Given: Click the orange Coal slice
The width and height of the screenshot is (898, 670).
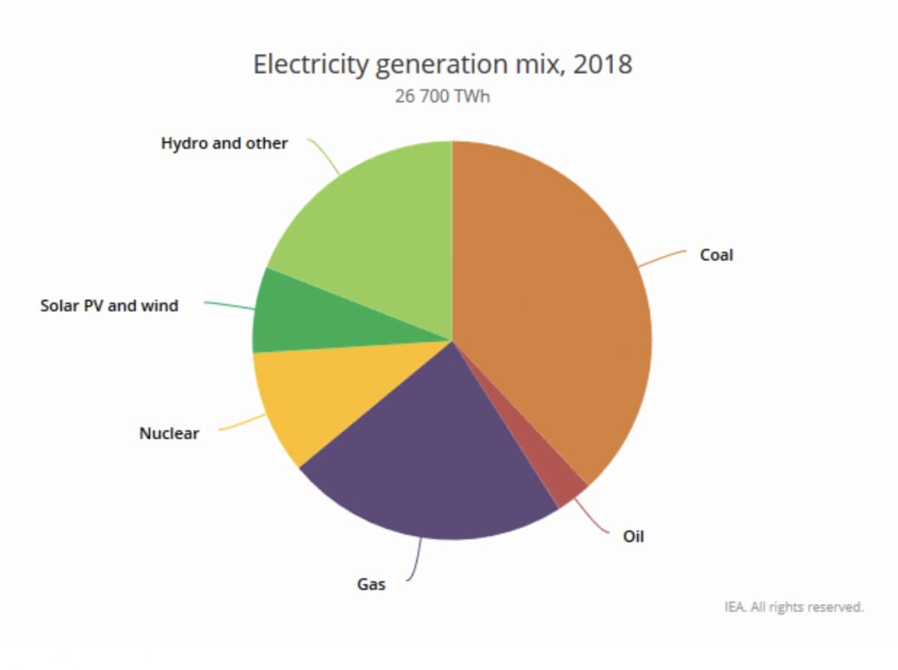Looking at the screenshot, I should pyautogui.click(x=554, y=299).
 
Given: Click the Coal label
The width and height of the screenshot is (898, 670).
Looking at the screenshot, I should pyautogui.click(x=716, y=255).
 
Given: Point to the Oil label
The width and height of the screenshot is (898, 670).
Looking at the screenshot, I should pyautogui.click(x=633, y=536).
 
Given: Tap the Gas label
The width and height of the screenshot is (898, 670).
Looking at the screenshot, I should pyautogui.click(x=371, y=584).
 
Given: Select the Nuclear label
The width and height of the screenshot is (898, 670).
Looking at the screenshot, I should pyautogui.click(x=169, y=434).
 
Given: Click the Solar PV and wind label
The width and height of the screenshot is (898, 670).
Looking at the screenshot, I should pyautogui.click(x=109, y=305).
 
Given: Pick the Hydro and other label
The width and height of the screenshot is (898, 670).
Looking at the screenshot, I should pyautogui.click(x=224, y=144).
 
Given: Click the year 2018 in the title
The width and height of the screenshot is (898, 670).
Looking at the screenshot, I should pyautogui.click(x=602, y=64).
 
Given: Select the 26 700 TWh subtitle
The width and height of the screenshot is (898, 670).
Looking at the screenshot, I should pyautogui.click(x=442, y=97).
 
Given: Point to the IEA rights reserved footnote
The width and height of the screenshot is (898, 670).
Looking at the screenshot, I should pyautogui.click(x=793, y=606).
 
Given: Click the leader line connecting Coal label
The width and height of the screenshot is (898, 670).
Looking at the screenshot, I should pyautogui.click(x=662, y=258).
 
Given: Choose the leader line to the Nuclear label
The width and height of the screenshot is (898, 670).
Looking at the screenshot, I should pyautogui.click(x=241, y=424).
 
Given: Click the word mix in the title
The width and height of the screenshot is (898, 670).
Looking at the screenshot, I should pyautogui.click(x=534, y=64).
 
